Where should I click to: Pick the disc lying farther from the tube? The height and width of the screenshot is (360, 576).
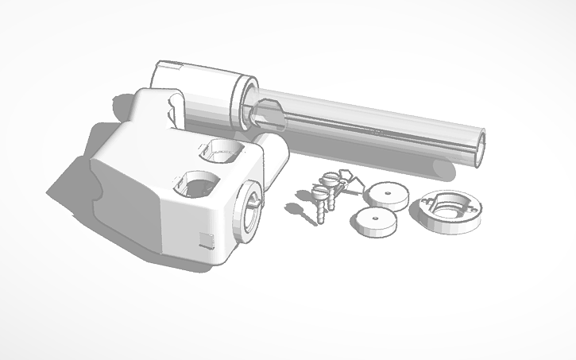[373, 223]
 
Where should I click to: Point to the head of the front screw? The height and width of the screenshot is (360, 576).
[320, 192]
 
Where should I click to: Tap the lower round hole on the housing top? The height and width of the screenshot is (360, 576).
[194, 185]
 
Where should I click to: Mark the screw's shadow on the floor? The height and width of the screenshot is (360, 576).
[295, 210]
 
